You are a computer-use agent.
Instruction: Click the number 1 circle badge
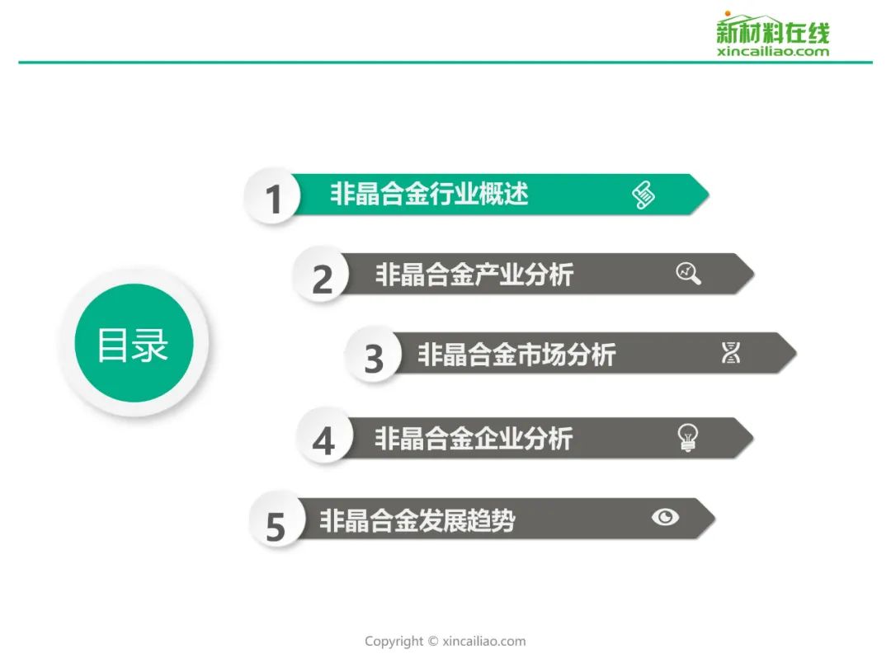[x=272, y=196]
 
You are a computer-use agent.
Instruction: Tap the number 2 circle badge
[x=321, y=275]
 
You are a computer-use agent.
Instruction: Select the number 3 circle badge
[x=373, y=355]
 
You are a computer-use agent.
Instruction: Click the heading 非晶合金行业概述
[x=429, y=194]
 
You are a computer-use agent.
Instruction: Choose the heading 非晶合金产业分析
[x=474, y=275]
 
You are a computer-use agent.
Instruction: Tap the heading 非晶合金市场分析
[x=516, y=354]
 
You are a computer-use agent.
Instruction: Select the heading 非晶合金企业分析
[x=474, y=438]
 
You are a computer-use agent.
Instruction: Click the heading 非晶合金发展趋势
[x=417, y=520]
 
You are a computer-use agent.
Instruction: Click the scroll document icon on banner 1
[x=643, y=195]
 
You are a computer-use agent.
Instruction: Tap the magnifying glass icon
[x=688, y=273]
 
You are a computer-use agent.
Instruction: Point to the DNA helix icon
[x=731, y=353]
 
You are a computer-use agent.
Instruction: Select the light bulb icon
[x=687, y=437]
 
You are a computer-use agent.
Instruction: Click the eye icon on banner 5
[x=666, y=517]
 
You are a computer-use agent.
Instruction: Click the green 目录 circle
[x=134, y=343]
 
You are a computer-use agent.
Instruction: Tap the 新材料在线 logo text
[x=773, y=31]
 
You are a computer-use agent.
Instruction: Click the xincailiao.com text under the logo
[x=773, y=52]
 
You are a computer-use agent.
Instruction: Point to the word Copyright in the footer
[x=394, y=642]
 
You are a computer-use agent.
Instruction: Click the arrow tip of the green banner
[x=709, y=195]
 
